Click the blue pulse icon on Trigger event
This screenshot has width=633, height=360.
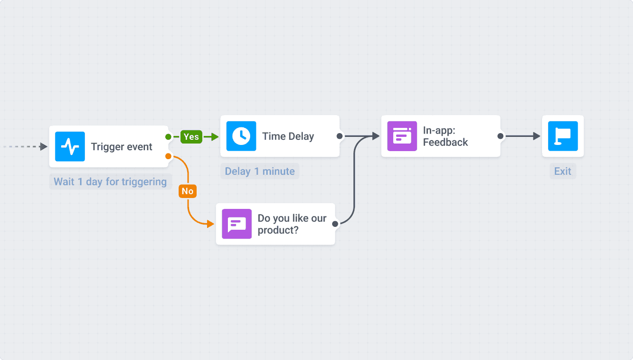70,147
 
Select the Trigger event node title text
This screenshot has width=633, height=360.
122,147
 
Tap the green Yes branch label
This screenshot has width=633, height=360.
191,137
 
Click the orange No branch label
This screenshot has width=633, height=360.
188,191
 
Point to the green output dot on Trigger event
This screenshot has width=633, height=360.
168,137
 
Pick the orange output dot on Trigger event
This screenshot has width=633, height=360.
168,156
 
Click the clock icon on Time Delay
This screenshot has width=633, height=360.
241,136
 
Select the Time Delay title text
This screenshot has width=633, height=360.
288,136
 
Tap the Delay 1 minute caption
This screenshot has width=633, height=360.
260,171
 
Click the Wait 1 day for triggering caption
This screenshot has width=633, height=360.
110,182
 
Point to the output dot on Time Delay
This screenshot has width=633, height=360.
339,136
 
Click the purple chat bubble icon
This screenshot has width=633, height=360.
237,224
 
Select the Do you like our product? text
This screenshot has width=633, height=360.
292,224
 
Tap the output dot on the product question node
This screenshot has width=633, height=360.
335,224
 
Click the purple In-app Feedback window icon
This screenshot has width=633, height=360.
402,136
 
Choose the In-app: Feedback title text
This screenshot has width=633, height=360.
445,136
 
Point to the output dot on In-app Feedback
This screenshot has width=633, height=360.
500,136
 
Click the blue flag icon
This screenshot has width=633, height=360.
563,136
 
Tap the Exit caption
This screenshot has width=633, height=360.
563,171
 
